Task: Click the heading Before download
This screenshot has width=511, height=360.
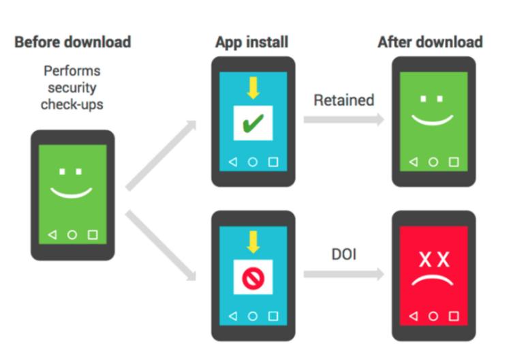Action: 73,42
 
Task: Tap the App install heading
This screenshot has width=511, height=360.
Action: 252,42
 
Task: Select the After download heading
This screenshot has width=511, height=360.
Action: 430,42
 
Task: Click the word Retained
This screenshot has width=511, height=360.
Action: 344,100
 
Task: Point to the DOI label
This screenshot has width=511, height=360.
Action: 343,254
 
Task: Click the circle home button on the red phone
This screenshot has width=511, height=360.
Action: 433,316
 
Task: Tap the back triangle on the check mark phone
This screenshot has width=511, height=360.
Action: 232,162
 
